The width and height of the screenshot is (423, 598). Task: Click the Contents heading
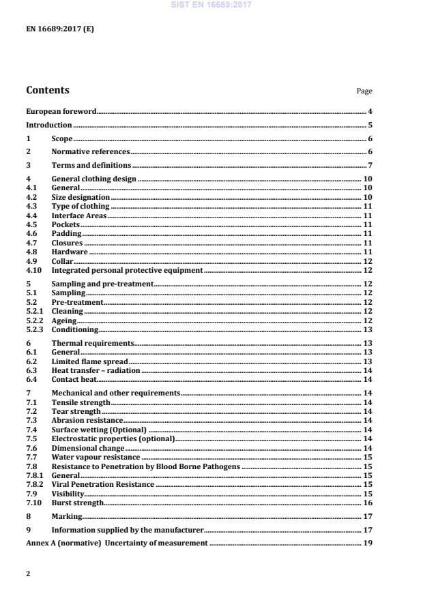47,90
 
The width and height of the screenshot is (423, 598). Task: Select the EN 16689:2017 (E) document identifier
59,30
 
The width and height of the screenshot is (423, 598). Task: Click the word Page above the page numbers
364,91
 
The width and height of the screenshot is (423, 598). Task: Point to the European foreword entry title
61,111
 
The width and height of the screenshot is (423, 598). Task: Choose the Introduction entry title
48,125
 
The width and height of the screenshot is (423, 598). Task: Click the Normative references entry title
90,151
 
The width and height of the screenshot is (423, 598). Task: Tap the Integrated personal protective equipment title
127,270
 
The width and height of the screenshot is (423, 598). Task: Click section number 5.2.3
34,329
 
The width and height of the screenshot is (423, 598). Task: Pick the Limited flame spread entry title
89,361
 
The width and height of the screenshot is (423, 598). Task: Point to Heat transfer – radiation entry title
96,370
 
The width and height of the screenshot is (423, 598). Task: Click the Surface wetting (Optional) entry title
99,430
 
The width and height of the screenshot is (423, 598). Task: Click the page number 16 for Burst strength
367,503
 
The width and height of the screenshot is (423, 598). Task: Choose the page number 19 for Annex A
367,543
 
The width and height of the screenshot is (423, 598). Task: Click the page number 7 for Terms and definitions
369,165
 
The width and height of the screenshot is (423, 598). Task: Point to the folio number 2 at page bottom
28,574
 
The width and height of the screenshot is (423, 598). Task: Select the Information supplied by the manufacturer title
127,529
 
